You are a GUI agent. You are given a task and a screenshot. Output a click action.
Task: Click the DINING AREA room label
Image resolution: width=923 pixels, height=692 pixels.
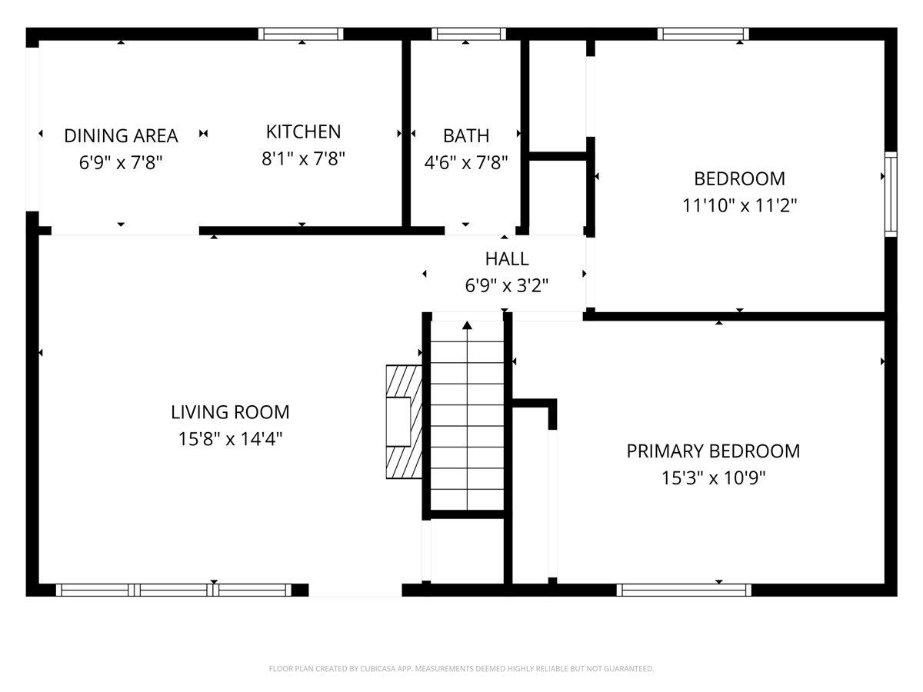point(121,136)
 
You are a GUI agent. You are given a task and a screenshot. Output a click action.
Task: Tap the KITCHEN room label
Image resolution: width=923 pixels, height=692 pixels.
point(303,131)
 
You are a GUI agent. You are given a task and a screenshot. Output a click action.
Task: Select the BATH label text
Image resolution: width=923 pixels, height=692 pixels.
point(466,136)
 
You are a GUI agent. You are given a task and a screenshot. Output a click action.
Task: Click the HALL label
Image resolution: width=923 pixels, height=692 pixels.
point(507,259)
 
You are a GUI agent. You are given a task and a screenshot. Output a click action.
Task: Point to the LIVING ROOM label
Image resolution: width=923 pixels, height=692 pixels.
point(230,412)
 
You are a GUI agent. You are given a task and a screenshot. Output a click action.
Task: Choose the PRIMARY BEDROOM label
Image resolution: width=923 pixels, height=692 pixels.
point(713,451)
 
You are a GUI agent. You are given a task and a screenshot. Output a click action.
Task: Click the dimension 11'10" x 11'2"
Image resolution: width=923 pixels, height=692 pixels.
point(739,206)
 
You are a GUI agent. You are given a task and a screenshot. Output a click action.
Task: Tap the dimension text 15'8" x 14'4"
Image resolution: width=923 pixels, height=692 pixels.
point(230,439)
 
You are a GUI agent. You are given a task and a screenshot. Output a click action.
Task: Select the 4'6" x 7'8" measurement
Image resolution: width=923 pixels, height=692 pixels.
point(466,163)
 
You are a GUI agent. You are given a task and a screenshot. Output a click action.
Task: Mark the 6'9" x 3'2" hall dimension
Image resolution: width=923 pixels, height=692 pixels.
point(507,286)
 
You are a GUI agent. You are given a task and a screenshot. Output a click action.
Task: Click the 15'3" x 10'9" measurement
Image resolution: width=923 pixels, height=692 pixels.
point(713,478)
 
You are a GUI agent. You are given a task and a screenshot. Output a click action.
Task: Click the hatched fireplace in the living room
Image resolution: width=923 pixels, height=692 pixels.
point(404,421)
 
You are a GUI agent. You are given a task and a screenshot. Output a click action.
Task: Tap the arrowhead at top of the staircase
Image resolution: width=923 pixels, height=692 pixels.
point(467,325)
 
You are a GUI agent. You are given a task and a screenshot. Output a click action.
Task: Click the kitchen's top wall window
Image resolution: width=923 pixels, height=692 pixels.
point(301,34)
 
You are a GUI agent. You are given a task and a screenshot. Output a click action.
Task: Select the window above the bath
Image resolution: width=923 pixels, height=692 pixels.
point(468,34)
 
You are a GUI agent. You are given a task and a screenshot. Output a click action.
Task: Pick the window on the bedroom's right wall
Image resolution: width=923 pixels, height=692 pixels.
point(891,193)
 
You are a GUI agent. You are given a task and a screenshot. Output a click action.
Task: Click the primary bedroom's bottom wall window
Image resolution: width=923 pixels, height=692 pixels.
point(684,590)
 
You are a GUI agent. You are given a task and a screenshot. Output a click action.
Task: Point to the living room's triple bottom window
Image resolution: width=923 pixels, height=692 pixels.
point(174,590)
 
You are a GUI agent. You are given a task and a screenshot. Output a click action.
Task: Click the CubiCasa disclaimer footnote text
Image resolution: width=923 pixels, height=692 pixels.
point(461,669)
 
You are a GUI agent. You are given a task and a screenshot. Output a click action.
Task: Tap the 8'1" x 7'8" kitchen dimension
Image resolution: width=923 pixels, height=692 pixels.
point(303,159)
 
